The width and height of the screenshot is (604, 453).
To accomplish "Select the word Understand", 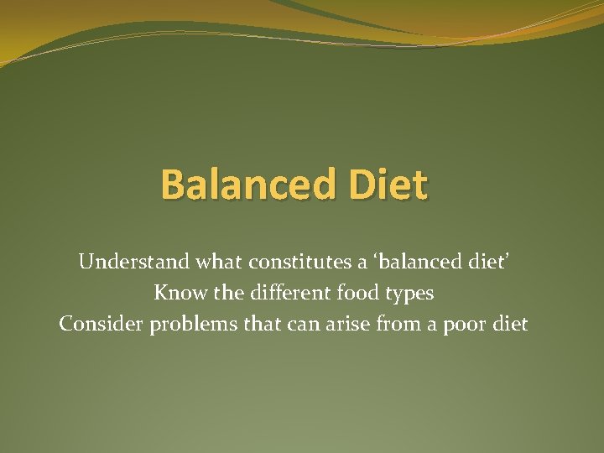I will (x=133, y=263).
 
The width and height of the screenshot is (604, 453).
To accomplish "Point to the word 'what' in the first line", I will (x=217, y=263).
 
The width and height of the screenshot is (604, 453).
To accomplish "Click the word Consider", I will (x=101, y=324).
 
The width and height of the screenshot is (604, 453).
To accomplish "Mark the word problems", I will (x=195, y=325).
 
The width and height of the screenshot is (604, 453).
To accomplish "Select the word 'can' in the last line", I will (x=303, y=324).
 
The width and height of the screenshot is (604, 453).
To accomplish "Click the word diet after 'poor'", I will (x=511, y=324).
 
